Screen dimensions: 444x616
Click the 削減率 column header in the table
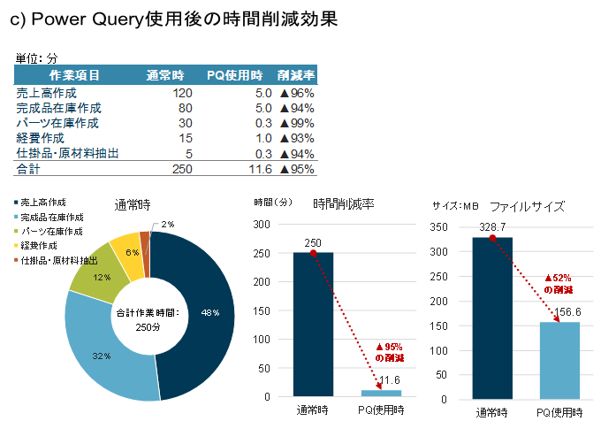(x=296, y=75)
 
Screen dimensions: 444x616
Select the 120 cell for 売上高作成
(x=182, y=93)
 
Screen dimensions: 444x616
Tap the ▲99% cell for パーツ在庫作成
(x=296, y=123)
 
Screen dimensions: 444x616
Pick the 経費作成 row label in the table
(x=41, y=138)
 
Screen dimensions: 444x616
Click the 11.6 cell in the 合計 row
(x=260, y=169)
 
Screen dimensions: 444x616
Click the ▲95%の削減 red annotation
(x=389, y=353)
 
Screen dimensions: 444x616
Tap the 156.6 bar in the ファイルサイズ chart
(x=559, y=359)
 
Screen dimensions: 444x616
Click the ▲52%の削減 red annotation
(x=558, y=284)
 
